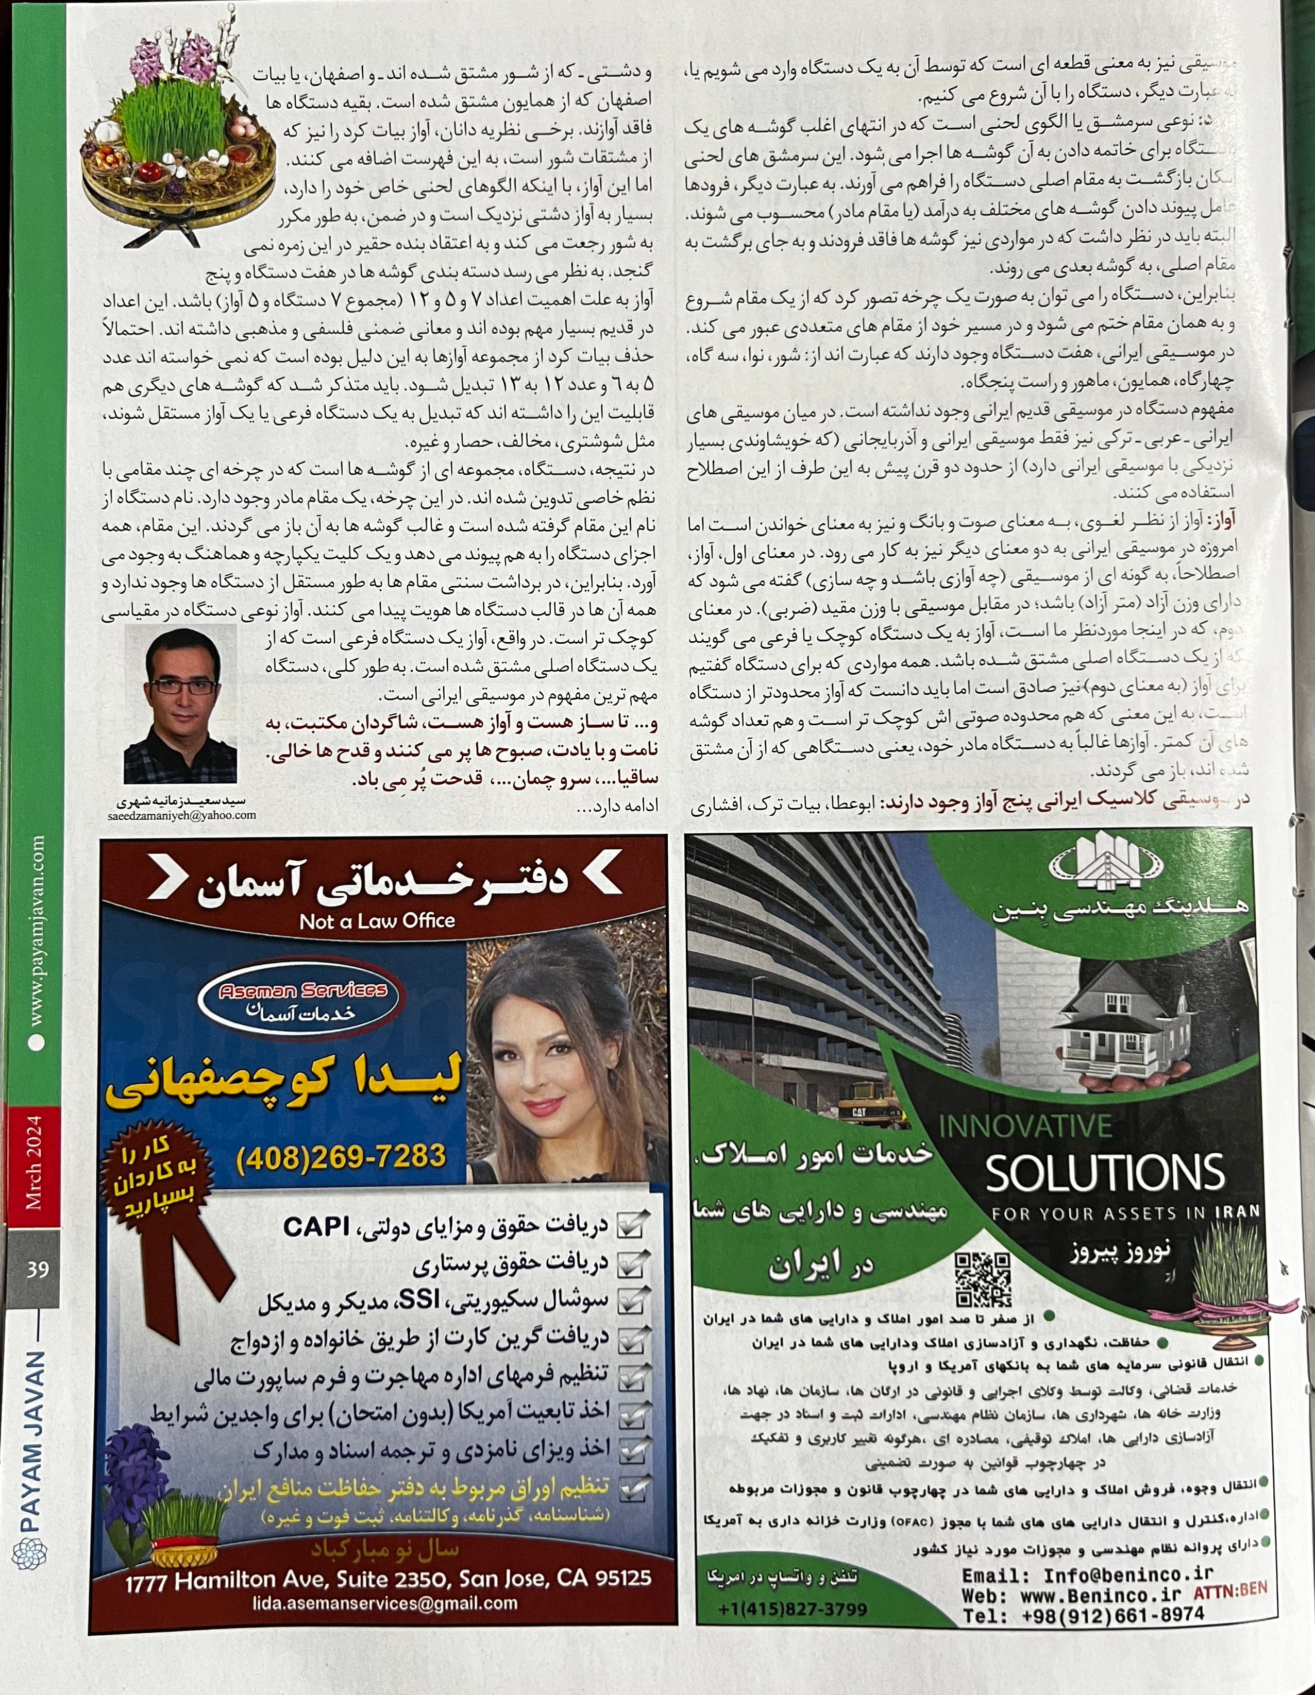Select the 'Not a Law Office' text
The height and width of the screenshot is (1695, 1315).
click(x=377, y=921)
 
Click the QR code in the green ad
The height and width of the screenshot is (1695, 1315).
click(x=982, y=1280)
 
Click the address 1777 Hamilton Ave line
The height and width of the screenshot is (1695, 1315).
click(x=388, y=1579)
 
